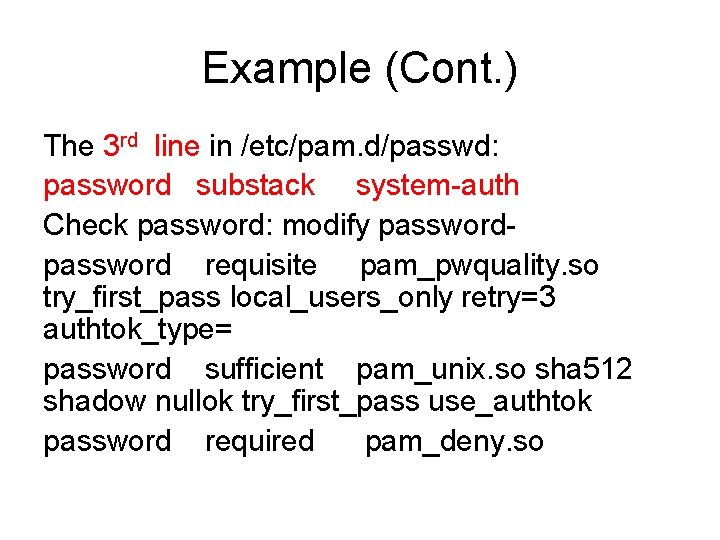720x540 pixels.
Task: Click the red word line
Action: pyautogui.click(x=178, y=147)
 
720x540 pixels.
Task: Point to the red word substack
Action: pyautogui.click(x=255, y=185)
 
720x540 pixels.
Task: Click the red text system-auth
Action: pyautogui.click(x=438, y=185)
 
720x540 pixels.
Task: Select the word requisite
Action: pyautogui.click(x=260, y=266)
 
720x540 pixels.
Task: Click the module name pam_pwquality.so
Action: pyautogui.click(x=479, y=266)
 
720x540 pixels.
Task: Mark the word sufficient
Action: pyautogui.click(x=264, y=370)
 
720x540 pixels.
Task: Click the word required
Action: pyautogui.click(x=259, y=441)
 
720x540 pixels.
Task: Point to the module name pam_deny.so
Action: pyautogui.click(x=454, y=441)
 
